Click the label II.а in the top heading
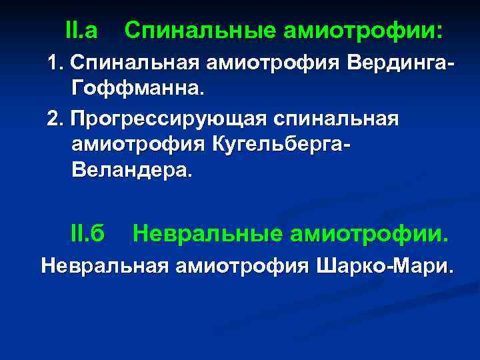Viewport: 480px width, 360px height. pos(81,30)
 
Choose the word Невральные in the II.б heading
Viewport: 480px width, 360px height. pos(207,233)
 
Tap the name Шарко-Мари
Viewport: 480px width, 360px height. pos(384,267)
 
